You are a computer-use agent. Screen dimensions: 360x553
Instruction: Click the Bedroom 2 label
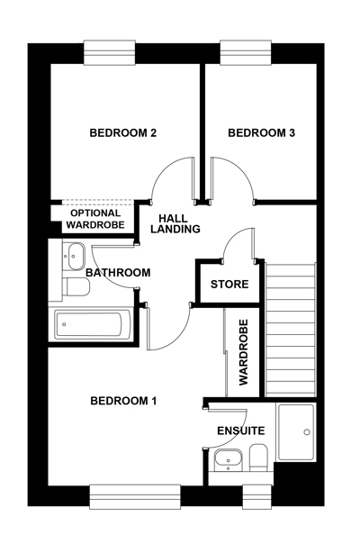[x=123, y=133]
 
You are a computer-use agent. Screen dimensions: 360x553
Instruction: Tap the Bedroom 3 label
[x=261, y=133]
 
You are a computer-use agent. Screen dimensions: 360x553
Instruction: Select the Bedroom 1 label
[x=123, y=401]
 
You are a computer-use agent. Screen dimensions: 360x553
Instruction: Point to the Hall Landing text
[x=175, y=223]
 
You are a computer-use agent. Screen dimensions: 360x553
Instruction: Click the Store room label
[x=229, y=285]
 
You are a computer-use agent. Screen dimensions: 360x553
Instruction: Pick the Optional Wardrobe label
[x=95, y=219]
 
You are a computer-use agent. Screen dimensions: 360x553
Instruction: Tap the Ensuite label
[x=241, y=431]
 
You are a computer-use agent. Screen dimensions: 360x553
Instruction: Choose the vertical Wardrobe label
[x=244, y=352]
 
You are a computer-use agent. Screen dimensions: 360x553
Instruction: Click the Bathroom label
[x=118, y=273]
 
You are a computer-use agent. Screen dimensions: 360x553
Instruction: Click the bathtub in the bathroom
[x=90, y=324]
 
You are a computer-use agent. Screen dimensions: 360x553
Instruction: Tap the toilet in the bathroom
[x=75, y=286]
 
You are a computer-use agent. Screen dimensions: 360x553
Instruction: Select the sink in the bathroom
[x=75, y=256]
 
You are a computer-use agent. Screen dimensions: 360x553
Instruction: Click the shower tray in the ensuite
[x=296, y=432]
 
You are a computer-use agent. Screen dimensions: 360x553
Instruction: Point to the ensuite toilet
[x=258, y=458]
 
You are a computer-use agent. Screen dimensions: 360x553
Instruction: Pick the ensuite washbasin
[x=229, y=460]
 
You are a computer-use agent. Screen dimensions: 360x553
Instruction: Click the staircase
[x=290, y=330]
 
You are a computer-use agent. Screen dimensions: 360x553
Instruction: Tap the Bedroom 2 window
[x=110, y=52]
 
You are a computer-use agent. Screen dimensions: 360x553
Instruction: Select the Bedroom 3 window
[x=246, y=52]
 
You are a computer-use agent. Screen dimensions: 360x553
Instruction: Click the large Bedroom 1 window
[x=135, y=496]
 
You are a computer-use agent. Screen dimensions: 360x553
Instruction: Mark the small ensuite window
[x=257, y=496]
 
